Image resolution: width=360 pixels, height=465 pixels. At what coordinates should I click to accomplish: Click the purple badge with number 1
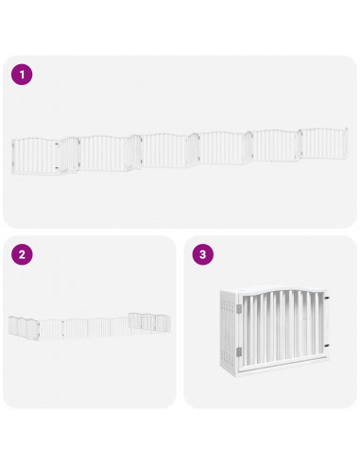click(x=22, y=74)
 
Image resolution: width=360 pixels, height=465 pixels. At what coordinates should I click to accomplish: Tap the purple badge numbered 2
click(x=22, y=253)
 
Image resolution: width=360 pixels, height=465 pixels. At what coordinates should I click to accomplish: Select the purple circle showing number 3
click(x=202, y=253)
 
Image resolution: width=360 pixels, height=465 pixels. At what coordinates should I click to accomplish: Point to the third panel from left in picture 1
click(x=163, y=151)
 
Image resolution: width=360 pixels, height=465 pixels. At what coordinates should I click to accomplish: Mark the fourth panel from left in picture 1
click(x=223, y=148)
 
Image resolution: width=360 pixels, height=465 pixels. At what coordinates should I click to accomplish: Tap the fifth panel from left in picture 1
click(x=274, y=146)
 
